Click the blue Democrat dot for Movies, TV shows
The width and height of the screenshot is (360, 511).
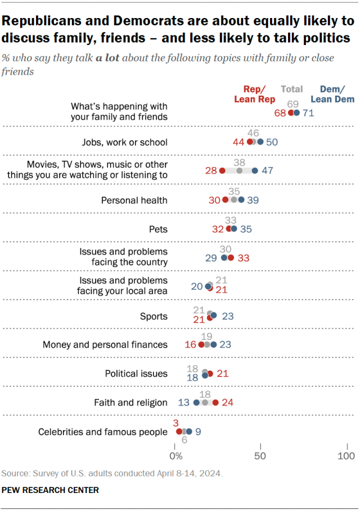255,171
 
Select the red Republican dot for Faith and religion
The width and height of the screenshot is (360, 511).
215,402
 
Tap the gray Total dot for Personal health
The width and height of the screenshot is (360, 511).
234,200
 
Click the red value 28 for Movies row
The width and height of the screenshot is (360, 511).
211,171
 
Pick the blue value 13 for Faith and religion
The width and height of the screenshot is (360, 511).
183,402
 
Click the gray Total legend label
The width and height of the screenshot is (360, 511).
292,89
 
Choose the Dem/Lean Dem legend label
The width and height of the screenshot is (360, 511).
337,94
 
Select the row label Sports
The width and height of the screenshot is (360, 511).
154,316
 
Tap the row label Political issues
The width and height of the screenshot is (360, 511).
136,373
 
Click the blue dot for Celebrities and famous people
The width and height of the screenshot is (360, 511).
189,432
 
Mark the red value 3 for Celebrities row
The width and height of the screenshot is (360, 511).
176,422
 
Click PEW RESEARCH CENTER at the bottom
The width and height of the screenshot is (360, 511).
51,490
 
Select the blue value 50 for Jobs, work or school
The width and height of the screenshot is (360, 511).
272,142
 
